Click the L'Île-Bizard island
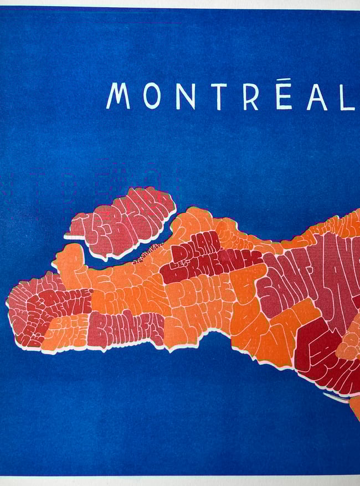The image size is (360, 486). (x=125, y=222)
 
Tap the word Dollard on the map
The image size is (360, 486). (x=193, y=249)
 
